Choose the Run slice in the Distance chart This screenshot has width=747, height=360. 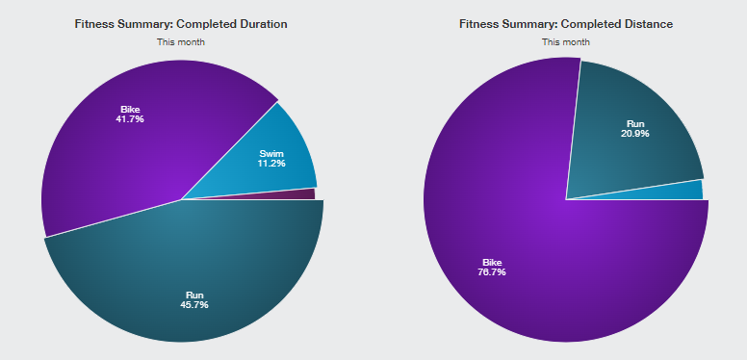(629, 138)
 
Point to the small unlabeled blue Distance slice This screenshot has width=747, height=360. (686, 191)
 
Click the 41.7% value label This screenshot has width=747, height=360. (130, 119)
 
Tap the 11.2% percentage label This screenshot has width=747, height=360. (271, 164)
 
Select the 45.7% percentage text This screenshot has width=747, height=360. (193, 305)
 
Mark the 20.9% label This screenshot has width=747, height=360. (635, 134)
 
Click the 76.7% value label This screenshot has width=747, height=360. (492, 272)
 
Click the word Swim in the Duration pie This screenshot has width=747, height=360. (271, 154)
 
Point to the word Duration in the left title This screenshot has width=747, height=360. (264, 24)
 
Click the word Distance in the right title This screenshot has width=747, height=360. (650, 24)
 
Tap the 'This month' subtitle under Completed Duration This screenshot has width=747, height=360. (181, 42)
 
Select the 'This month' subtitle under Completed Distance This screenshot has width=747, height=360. (566, 42)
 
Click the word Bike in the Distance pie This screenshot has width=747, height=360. (492, 263)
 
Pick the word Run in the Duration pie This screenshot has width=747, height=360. (194, 296)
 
